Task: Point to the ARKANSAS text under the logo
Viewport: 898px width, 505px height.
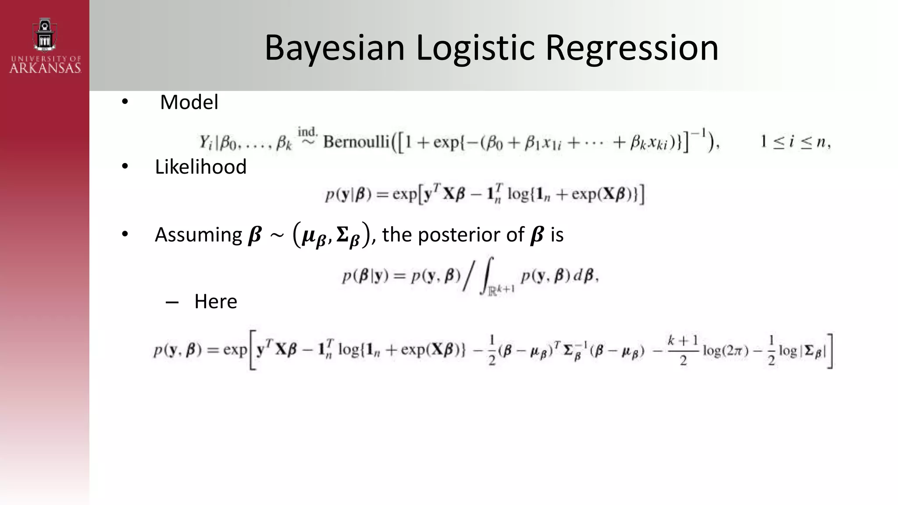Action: pos(45,68)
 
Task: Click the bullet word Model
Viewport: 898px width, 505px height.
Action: pos(189,102)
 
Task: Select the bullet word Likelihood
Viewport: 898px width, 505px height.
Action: pos(200,167)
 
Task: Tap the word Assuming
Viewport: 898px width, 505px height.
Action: pos(198,235)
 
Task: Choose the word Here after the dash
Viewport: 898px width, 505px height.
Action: pos(216,301)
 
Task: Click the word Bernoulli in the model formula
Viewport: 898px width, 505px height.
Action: pos(356,142)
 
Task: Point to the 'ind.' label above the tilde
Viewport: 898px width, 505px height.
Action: pos(307,131)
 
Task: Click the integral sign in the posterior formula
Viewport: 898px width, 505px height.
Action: pos(488,275)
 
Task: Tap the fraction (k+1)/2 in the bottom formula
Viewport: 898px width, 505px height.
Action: pos(683,350)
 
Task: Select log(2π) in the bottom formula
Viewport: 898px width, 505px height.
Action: pos(726,351)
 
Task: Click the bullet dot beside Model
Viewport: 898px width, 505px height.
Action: pos(125,102)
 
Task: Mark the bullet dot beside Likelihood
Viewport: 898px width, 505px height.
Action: pos(125,167)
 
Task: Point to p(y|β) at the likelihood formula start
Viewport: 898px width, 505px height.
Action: pos(348,194)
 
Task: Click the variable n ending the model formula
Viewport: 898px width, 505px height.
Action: pos(820,142)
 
